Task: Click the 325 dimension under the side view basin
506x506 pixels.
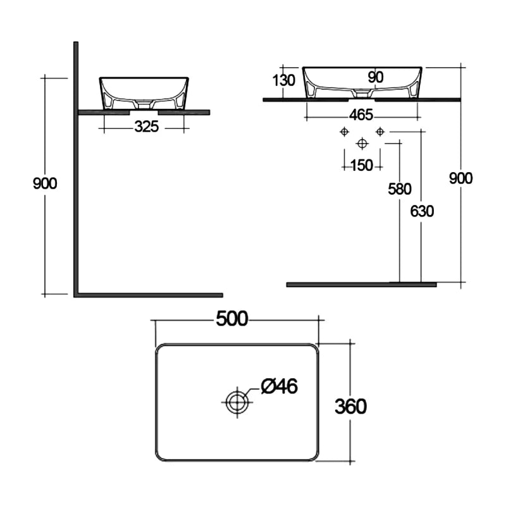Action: coord(145,127)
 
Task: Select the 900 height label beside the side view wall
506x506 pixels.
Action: coord(45,183)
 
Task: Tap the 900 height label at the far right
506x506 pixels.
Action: coord(460,178)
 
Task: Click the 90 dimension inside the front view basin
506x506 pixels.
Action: coord(376,77)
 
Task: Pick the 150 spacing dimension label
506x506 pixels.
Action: coord(361,165)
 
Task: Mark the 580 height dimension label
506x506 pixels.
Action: coord(400,188)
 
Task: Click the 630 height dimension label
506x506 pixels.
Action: coord(422,211)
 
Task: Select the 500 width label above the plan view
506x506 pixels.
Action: coord(232,319)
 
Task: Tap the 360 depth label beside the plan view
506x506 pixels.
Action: coord(351,406)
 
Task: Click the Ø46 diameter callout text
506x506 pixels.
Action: coord(279,386)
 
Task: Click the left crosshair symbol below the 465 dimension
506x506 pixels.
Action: coord(343,132)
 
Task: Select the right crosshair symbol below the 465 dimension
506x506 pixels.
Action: coord(379,132)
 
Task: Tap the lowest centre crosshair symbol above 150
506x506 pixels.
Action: coord(362,143)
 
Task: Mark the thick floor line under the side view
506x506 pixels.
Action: coord(149,295)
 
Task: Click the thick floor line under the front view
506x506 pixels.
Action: coord(361,285)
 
